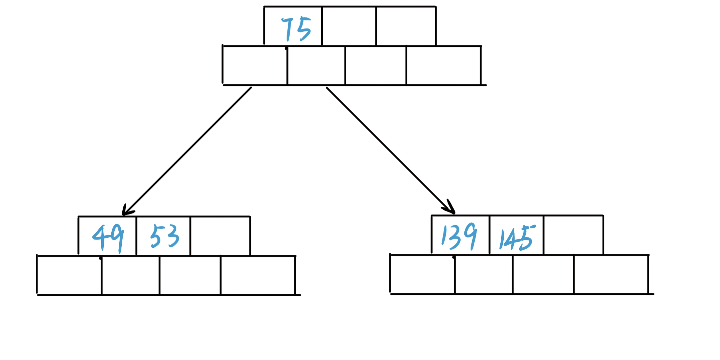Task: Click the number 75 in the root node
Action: [x=296, y=29]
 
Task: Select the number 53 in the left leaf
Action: [x=165, y=236]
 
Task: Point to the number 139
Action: [x=459, y=236]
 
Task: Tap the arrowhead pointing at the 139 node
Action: [x=450, y=207]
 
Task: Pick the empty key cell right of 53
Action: [x=220, y=236]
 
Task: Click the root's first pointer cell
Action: [x=255, y=65]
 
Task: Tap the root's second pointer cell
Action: [x=316, y=65]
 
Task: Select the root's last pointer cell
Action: [x=444, y=65]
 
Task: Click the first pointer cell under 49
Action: [x=69, y=275]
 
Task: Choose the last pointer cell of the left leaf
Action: [x=258, y=275]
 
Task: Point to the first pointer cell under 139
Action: [x=423, y=274]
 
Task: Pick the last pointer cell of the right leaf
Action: [x=611, y=274]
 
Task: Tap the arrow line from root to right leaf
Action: [x=391, y=151]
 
